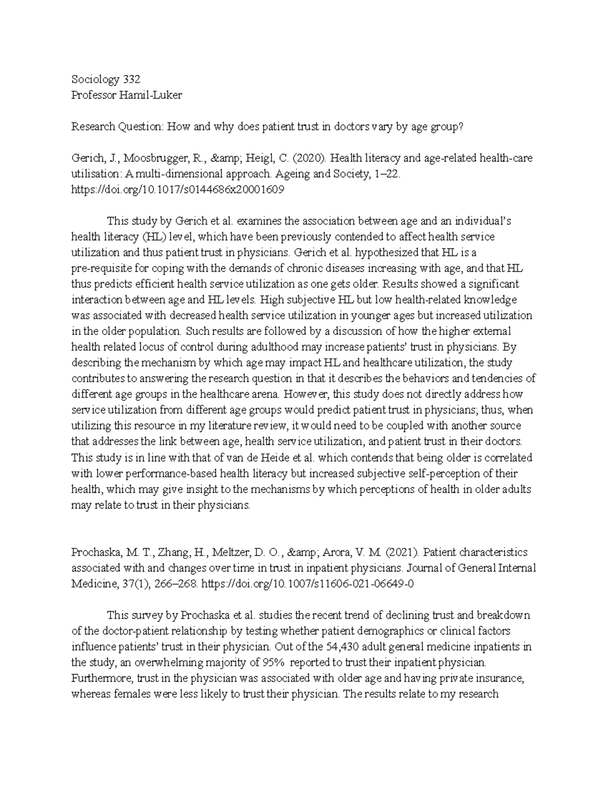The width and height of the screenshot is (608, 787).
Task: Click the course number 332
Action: click(x=130, y=80)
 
